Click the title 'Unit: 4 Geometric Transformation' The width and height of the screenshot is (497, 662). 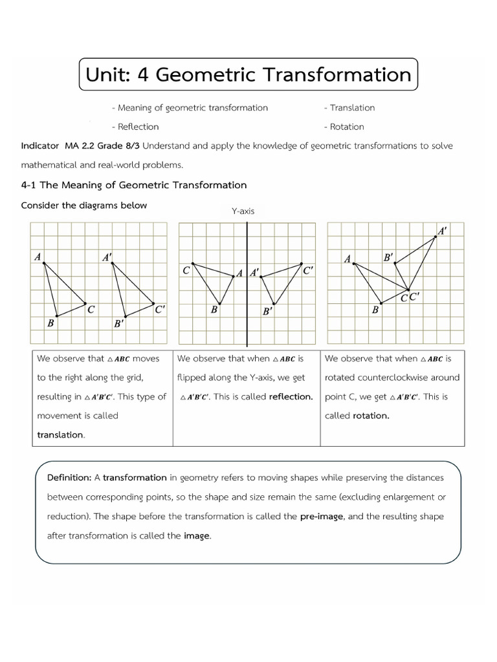click(x=248, y=74)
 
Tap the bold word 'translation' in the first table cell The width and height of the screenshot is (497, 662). click(x=60, y=435)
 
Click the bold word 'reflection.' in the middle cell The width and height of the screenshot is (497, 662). click(x=291, y=397)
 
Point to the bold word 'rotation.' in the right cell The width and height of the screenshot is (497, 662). click(x=371, y=416)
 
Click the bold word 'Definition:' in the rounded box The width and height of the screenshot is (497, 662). click(x=69, y=478)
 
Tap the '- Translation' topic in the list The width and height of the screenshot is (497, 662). click(x=349, y=108)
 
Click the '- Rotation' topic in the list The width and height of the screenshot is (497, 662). click(x=344, y=127)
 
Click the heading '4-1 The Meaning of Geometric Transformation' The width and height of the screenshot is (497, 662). click(x=134, y=185)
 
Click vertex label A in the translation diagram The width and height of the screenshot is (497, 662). click(x=38, y=257)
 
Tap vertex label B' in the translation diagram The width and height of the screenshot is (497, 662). click(x=119, y=323)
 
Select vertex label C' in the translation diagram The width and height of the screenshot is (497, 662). click(x=160, y=309)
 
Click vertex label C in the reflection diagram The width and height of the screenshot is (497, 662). click(x=186, y=270)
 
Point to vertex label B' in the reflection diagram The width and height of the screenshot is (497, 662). click(x=267, y=312)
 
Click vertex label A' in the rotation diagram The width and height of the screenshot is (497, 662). click(x=443, y=230)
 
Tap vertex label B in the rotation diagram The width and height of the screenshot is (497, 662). click(x=375, y=310)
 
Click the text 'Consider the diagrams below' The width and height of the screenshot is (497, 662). click(x=84, y=206)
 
